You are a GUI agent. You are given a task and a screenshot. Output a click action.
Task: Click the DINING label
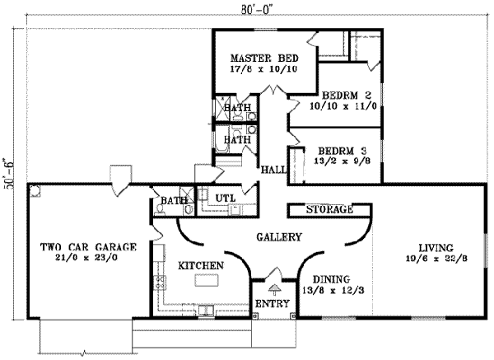(x=333, y=278)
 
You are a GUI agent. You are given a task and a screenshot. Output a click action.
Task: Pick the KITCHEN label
(x=199, y=265)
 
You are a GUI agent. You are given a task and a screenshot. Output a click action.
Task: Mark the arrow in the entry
(x=274, y=288)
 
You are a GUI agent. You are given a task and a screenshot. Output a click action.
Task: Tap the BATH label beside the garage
(x=172, y=200)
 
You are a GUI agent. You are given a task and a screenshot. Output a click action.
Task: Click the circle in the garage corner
(x=35, y=191)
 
